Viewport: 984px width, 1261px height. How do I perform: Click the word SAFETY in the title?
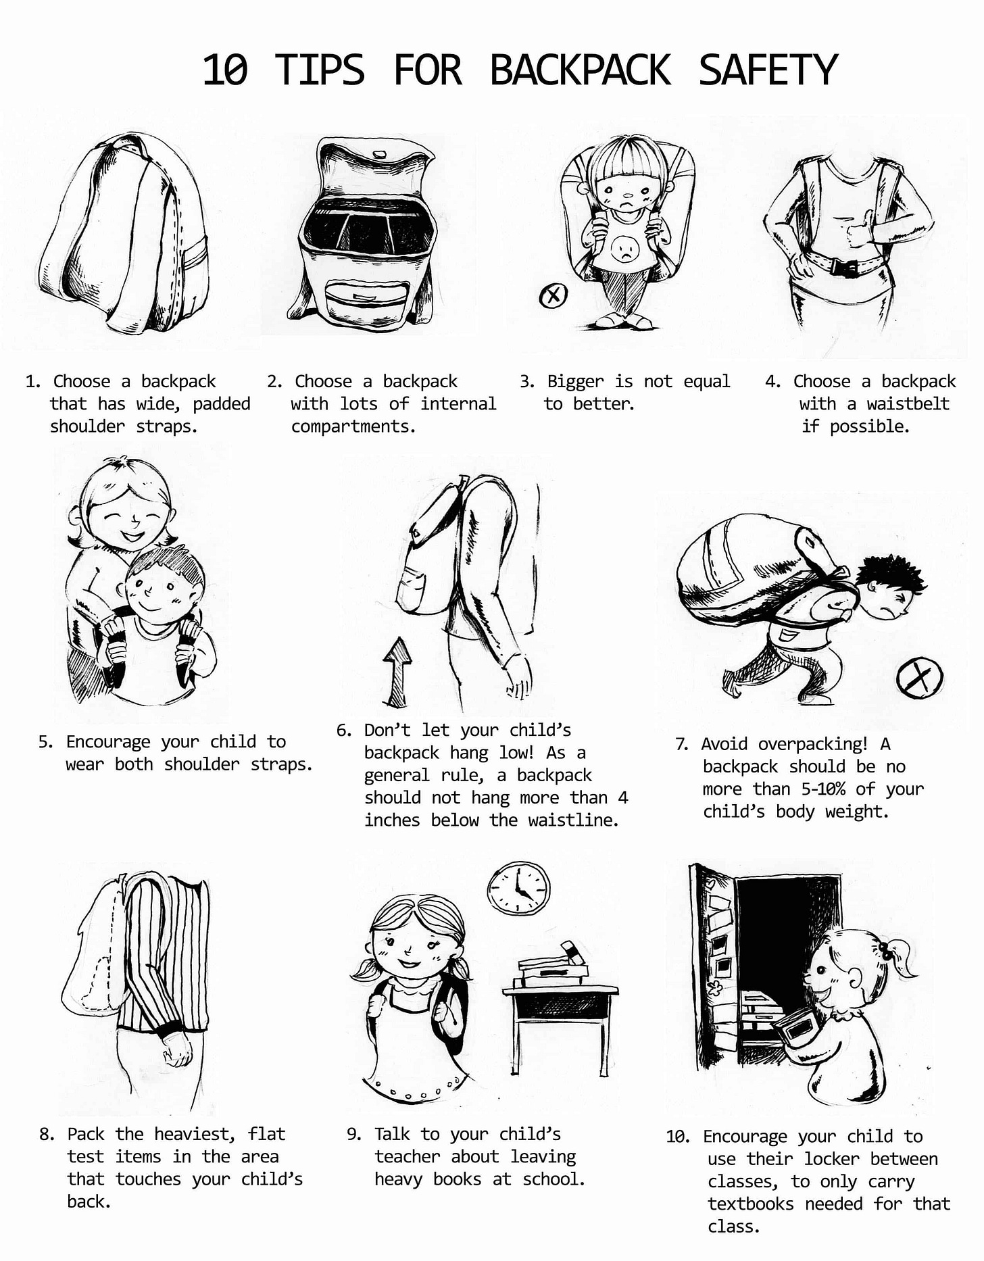pos(768,70)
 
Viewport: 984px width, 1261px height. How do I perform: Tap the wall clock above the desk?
pos(518,890)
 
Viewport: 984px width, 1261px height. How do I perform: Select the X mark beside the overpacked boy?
pos(920,677)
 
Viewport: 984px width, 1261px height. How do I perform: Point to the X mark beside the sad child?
pos(553,295)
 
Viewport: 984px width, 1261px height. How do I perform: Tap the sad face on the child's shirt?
pos(624,251)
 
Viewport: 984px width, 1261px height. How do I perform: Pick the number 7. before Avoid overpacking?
pos(682,744)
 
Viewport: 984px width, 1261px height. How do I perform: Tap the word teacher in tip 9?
pos(407,1156)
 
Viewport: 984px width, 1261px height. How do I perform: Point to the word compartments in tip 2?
pos(353,426)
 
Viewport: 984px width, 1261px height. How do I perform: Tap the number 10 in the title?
pos(225,70)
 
